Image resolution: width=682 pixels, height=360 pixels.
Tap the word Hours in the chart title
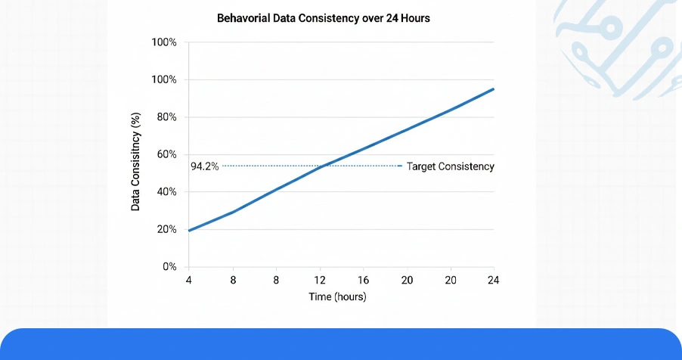tap(414, 17)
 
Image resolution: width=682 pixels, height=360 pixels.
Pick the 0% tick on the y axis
tap(168, 267)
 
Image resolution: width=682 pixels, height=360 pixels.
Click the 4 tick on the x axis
tap(188, 281)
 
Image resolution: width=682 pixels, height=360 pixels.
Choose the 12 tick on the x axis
tap(320, 281)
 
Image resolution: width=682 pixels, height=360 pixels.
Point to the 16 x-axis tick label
tap(363, 281)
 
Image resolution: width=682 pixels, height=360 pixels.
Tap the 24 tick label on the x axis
tap(494, 281)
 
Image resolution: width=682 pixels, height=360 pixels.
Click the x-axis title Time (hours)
tap(337, 297)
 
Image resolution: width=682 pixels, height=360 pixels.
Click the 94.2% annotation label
tap(205, 166)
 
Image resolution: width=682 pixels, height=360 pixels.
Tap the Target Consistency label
tap(451, 166)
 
